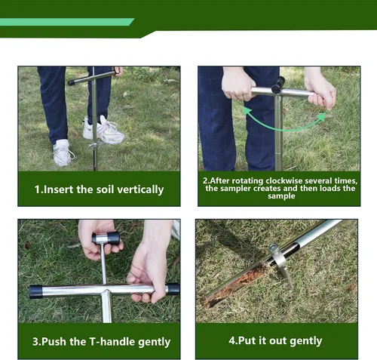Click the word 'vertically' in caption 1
pyautogui.click(x=140, y=189)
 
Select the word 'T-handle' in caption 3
pyautogui.click(x=112, y=341)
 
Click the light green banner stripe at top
pyautogui.click(x=66, y=22)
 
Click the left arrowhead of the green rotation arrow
pyautogui.click(x=247, y=111)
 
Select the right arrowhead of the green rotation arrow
pyautogui.click(x=322, y=117)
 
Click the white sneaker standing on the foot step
pyautogui.click(x=104, y=131)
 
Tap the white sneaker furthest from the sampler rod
pyautogui.click(x=63, y=153)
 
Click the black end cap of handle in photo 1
pyautogui.click(x=72, y=82)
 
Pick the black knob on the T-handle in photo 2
pyautogui.click(x=278, y=84)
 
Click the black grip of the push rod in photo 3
pyautogui.click(x=106, y=238)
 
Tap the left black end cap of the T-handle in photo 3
pyautogui.click(x=35, y=291)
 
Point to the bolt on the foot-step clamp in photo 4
pyautogui.click(x=273, y=248)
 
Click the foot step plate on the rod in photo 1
pyautogui.click(x=97, y=144)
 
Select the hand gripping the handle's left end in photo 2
pyautogui.click(x=237, y=84)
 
